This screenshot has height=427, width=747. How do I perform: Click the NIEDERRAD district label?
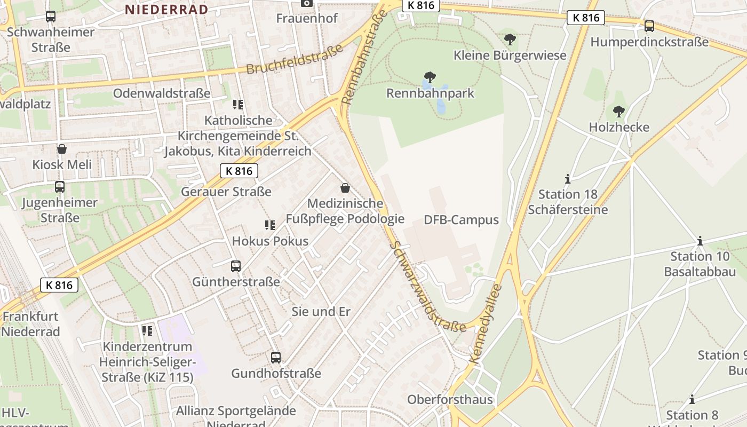166,9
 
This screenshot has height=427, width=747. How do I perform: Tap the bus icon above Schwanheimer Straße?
51,17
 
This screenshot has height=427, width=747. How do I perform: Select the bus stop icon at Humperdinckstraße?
649,26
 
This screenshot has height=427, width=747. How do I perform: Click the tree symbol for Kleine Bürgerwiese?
510,39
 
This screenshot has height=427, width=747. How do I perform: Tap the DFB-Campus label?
461,220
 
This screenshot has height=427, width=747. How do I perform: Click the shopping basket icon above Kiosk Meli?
62,149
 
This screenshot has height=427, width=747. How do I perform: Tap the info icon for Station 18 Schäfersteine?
568,179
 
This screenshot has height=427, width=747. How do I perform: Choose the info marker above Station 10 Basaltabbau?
700,241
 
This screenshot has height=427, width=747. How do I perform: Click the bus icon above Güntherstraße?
236,266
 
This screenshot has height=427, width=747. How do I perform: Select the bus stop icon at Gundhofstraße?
276,358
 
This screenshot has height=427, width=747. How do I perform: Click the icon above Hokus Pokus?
270,225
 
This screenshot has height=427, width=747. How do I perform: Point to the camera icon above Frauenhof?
307,3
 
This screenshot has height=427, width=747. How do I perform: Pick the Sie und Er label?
321,312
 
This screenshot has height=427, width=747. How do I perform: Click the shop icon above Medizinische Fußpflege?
345,188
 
